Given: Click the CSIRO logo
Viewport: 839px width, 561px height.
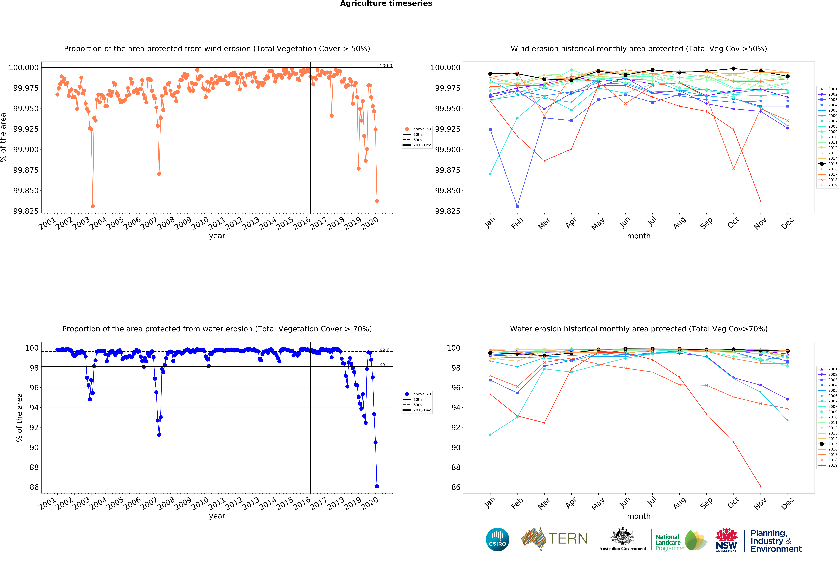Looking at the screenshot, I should [x=497, y=539].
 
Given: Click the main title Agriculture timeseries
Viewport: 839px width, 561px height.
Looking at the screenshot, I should [x=386, y=4].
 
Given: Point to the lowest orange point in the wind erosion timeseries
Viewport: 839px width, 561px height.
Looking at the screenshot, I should [x=93, y=206].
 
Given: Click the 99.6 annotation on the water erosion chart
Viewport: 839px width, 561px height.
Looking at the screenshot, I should [x=384, y=350].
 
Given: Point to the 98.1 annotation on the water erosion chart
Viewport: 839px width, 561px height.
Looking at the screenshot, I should [x=384, y=365].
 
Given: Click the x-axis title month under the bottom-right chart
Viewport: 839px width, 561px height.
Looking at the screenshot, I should [x=638, y=516].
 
